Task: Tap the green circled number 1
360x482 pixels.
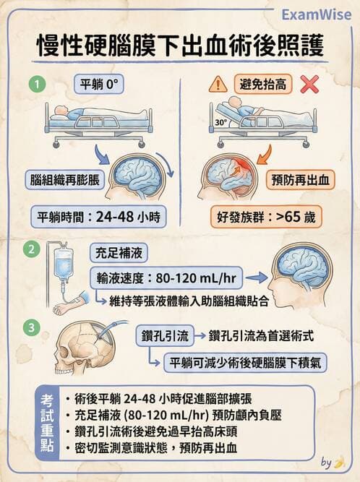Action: click(x=33, y=84)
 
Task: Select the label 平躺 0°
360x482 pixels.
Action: click(x=98, y=84)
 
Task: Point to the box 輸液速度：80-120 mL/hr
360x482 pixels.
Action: click(x=165, y=277)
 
